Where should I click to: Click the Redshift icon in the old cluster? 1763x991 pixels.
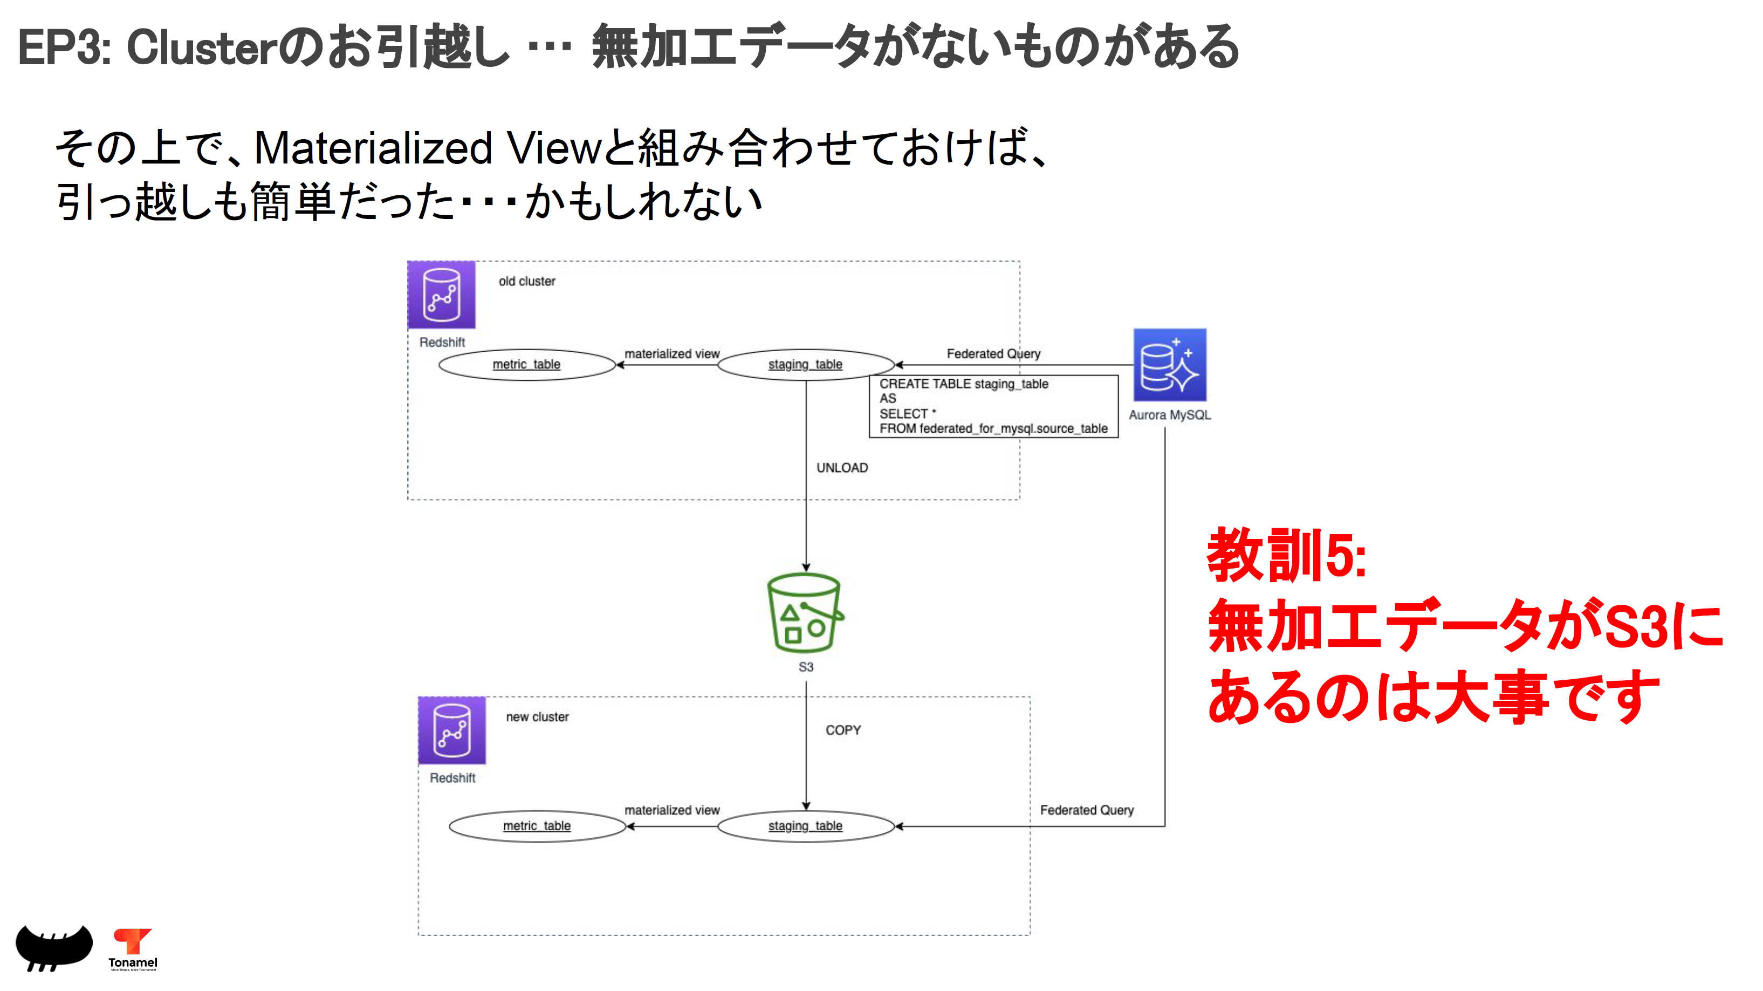[x=442, y=295]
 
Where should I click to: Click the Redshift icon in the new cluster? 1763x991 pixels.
[x=452, y=730]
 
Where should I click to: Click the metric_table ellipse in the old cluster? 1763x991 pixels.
[x=526, y=365]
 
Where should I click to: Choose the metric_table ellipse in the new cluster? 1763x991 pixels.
[x=537, y=826]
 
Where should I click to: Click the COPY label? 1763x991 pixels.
[x=842, y=730]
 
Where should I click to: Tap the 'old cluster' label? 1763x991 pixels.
[x=526, y=281]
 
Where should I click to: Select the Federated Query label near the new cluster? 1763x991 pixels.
[x=1086, y=810]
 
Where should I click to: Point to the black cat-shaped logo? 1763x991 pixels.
[x=53, y=947]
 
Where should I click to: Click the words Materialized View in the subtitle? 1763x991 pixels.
[x=427, y=148]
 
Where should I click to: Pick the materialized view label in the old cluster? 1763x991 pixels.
[x=671, y=354]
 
